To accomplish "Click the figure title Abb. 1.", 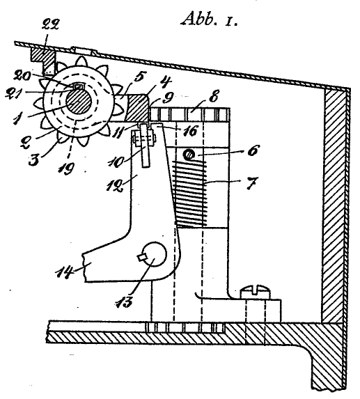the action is [210, 19].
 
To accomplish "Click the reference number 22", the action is [50, 25].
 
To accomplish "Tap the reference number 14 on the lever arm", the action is [64, 272].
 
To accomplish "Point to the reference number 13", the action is [124, 302].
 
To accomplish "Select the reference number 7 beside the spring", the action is [252, 183].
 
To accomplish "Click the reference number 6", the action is [253, 151].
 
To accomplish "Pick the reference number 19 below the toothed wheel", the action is [66, 169].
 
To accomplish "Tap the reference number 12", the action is [116, 186].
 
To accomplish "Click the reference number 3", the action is [35, 160].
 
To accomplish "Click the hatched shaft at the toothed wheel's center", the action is [79, 101].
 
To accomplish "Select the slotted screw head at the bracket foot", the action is [255, 292].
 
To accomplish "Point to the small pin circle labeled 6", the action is [189, 155].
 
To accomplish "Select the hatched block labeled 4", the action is [136, 108].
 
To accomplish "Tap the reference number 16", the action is [190, 132].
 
